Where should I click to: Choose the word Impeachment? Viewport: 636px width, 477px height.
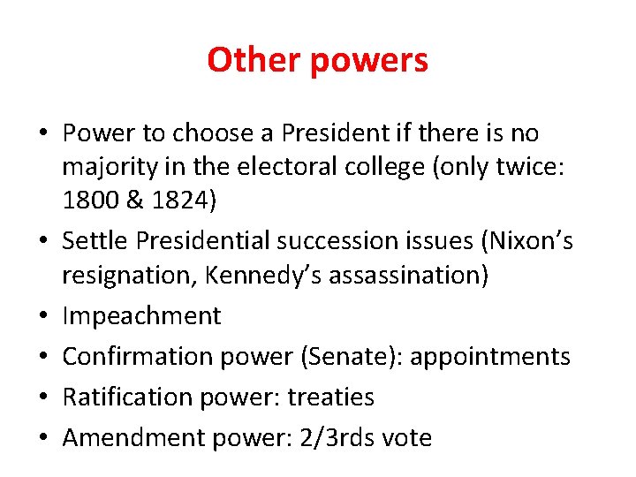tap(141, 316)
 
